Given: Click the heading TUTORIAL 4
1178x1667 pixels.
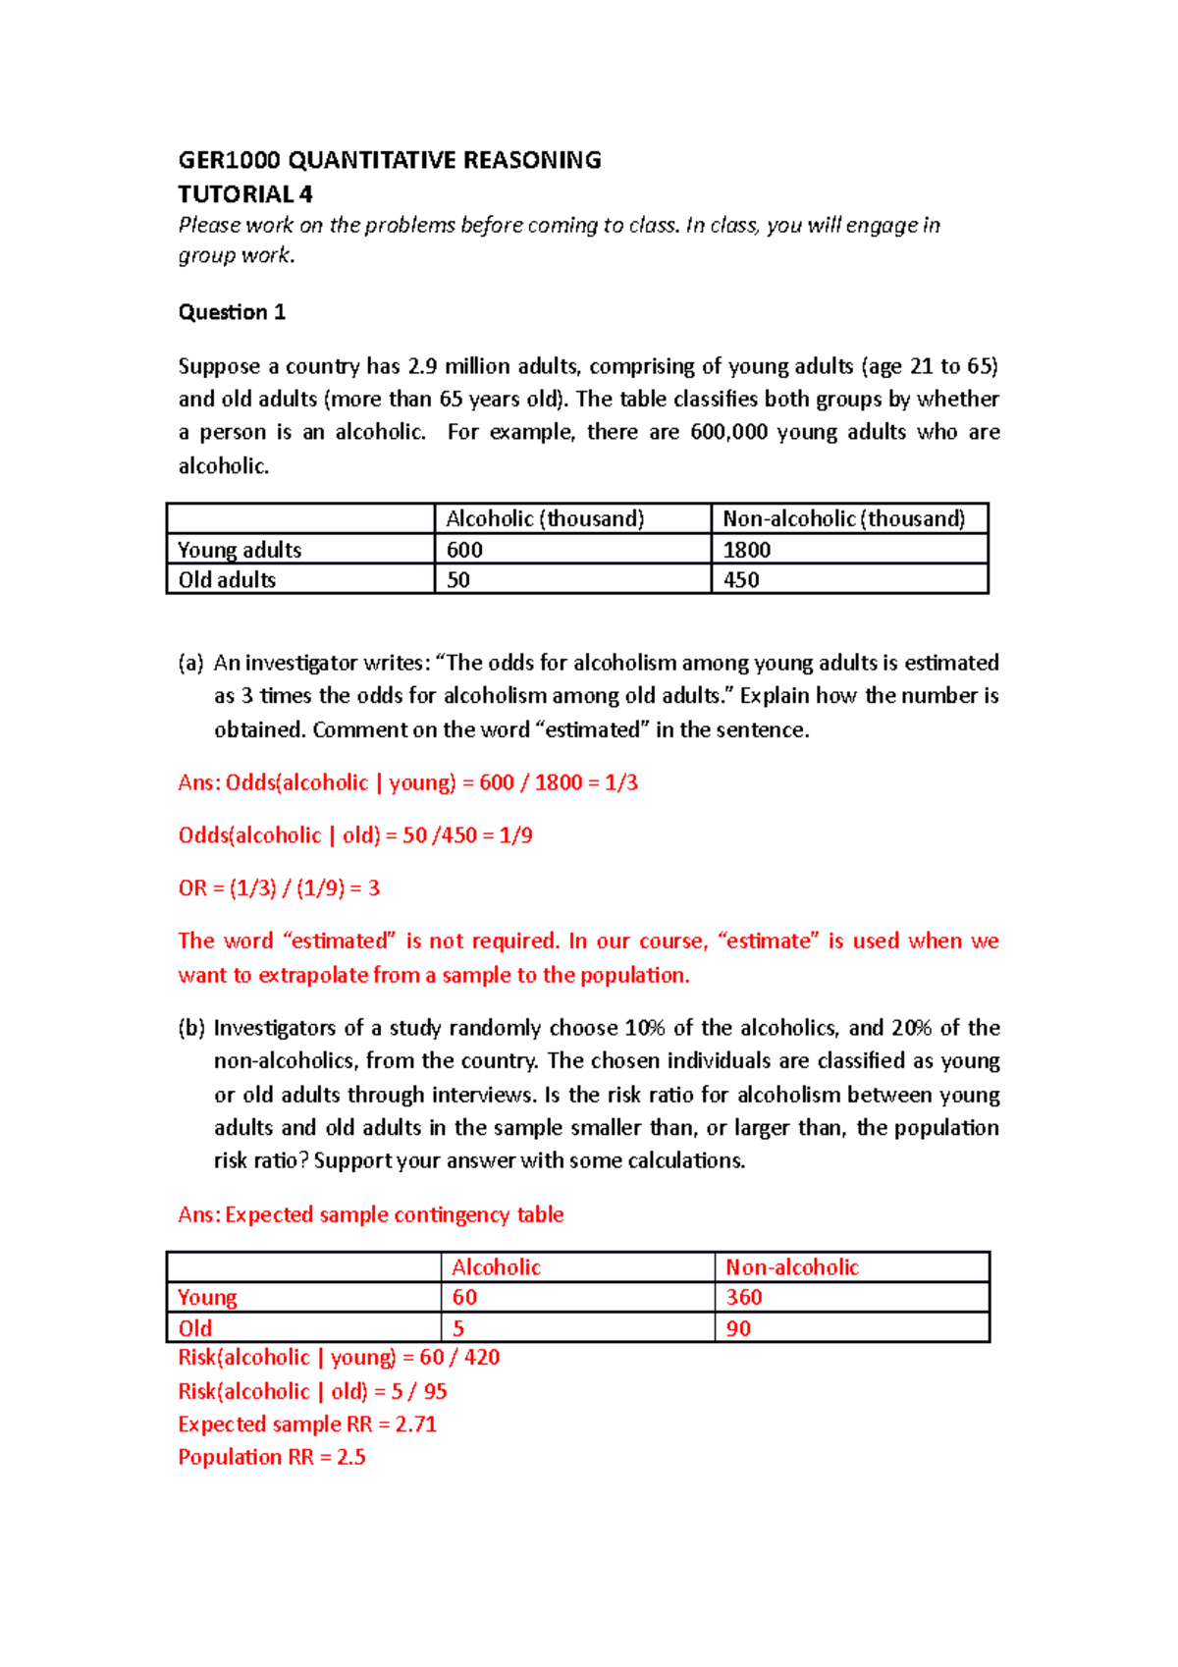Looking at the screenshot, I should pos(245,193).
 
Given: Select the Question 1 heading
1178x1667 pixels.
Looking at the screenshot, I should pos(232,312).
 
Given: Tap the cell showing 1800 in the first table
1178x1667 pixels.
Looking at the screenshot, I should pos(747,550).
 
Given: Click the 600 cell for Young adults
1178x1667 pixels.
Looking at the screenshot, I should pos(464,550).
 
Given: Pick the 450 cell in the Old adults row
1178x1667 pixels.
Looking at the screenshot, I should pos(741,580).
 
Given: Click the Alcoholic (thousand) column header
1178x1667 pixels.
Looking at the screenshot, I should pos(545,518).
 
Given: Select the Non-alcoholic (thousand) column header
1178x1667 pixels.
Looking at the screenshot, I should pos(844,518).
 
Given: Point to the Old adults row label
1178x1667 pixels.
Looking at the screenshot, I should pos(227,580).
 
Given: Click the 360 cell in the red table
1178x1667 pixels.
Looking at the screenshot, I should pos(744,1298).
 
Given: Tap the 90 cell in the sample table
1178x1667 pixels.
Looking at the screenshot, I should pos(738,1328).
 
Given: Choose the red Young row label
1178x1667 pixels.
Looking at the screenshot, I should pos(207,1298).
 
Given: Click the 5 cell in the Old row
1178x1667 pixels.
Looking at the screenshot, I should pos(458,1328).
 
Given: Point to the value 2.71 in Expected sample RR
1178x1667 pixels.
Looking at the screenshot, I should pos(416,1425).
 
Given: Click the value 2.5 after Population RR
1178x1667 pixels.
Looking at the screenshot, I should pos(351,1458).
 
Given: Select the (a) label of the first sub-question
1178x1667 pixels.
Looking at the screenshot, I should pos(190,664).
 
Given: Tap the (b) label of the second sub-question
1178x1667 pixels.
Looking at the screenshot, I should pos(191,1028).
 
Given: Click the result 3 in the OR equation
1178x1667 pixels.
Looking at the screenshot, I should pos(373,888).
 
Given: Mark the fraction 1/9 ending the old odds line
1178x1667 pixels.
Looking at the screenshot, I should pos(515,835).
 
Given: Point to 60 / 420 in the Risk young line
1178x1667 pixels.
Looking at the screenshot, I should pos(459,1358).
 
